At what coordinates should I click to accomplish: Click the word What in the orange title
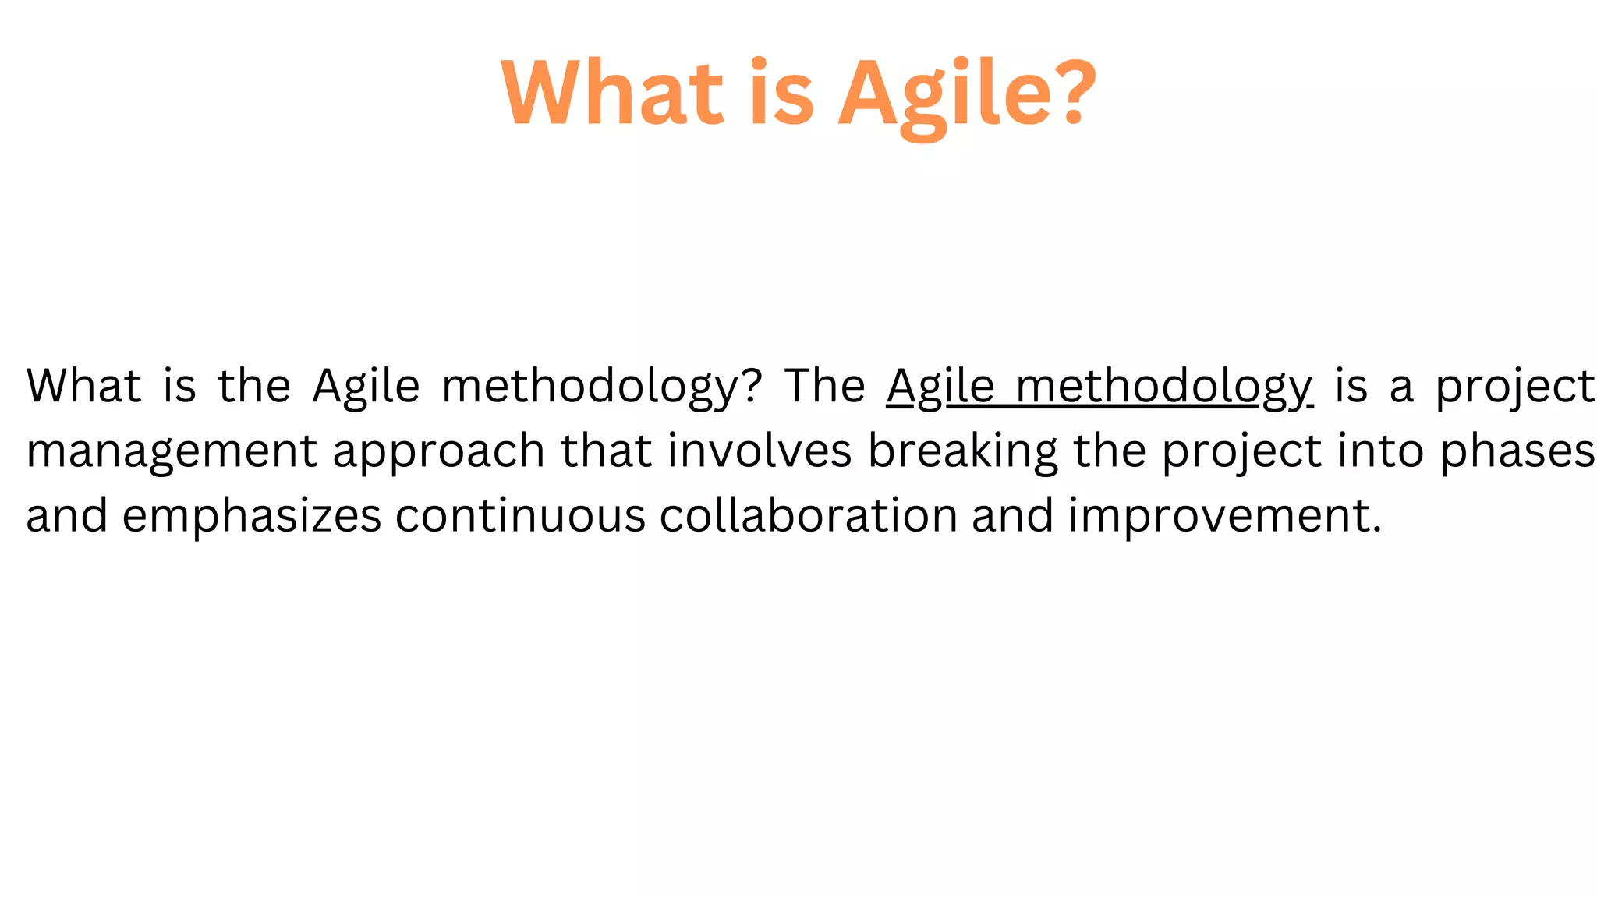pyautogui.click(x=613, y=94)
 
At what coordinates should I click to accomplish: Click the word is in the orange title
pyautogui.click(x=781, y=94)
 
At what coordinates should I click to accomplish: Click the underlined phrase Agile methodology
pyautogui.click(x=1099, y=387)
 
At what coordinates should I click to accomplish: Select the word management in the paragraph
pyautogui.click(x=172, y=452)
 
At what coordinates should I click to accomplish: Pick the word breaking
pyautogui.click(x=963, y=452)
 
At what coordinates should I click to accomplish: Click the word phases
pyautogui.click(x=1517, y=452)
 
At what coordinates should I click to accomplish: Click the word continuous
pyautogui.click(x=520, y=516)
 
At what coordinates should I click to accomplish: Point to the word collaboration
pyautogui.click(x=808, y=516)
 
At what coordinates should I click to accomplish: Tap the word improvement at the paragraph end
pyautogui.click(x=1223, y=516)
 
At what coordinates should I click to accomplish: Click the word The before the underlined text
pyautogui.click(x=824, y=386)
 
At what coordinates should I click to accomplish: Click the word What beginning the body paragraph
pyautogui.click(x=84, y=386)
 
